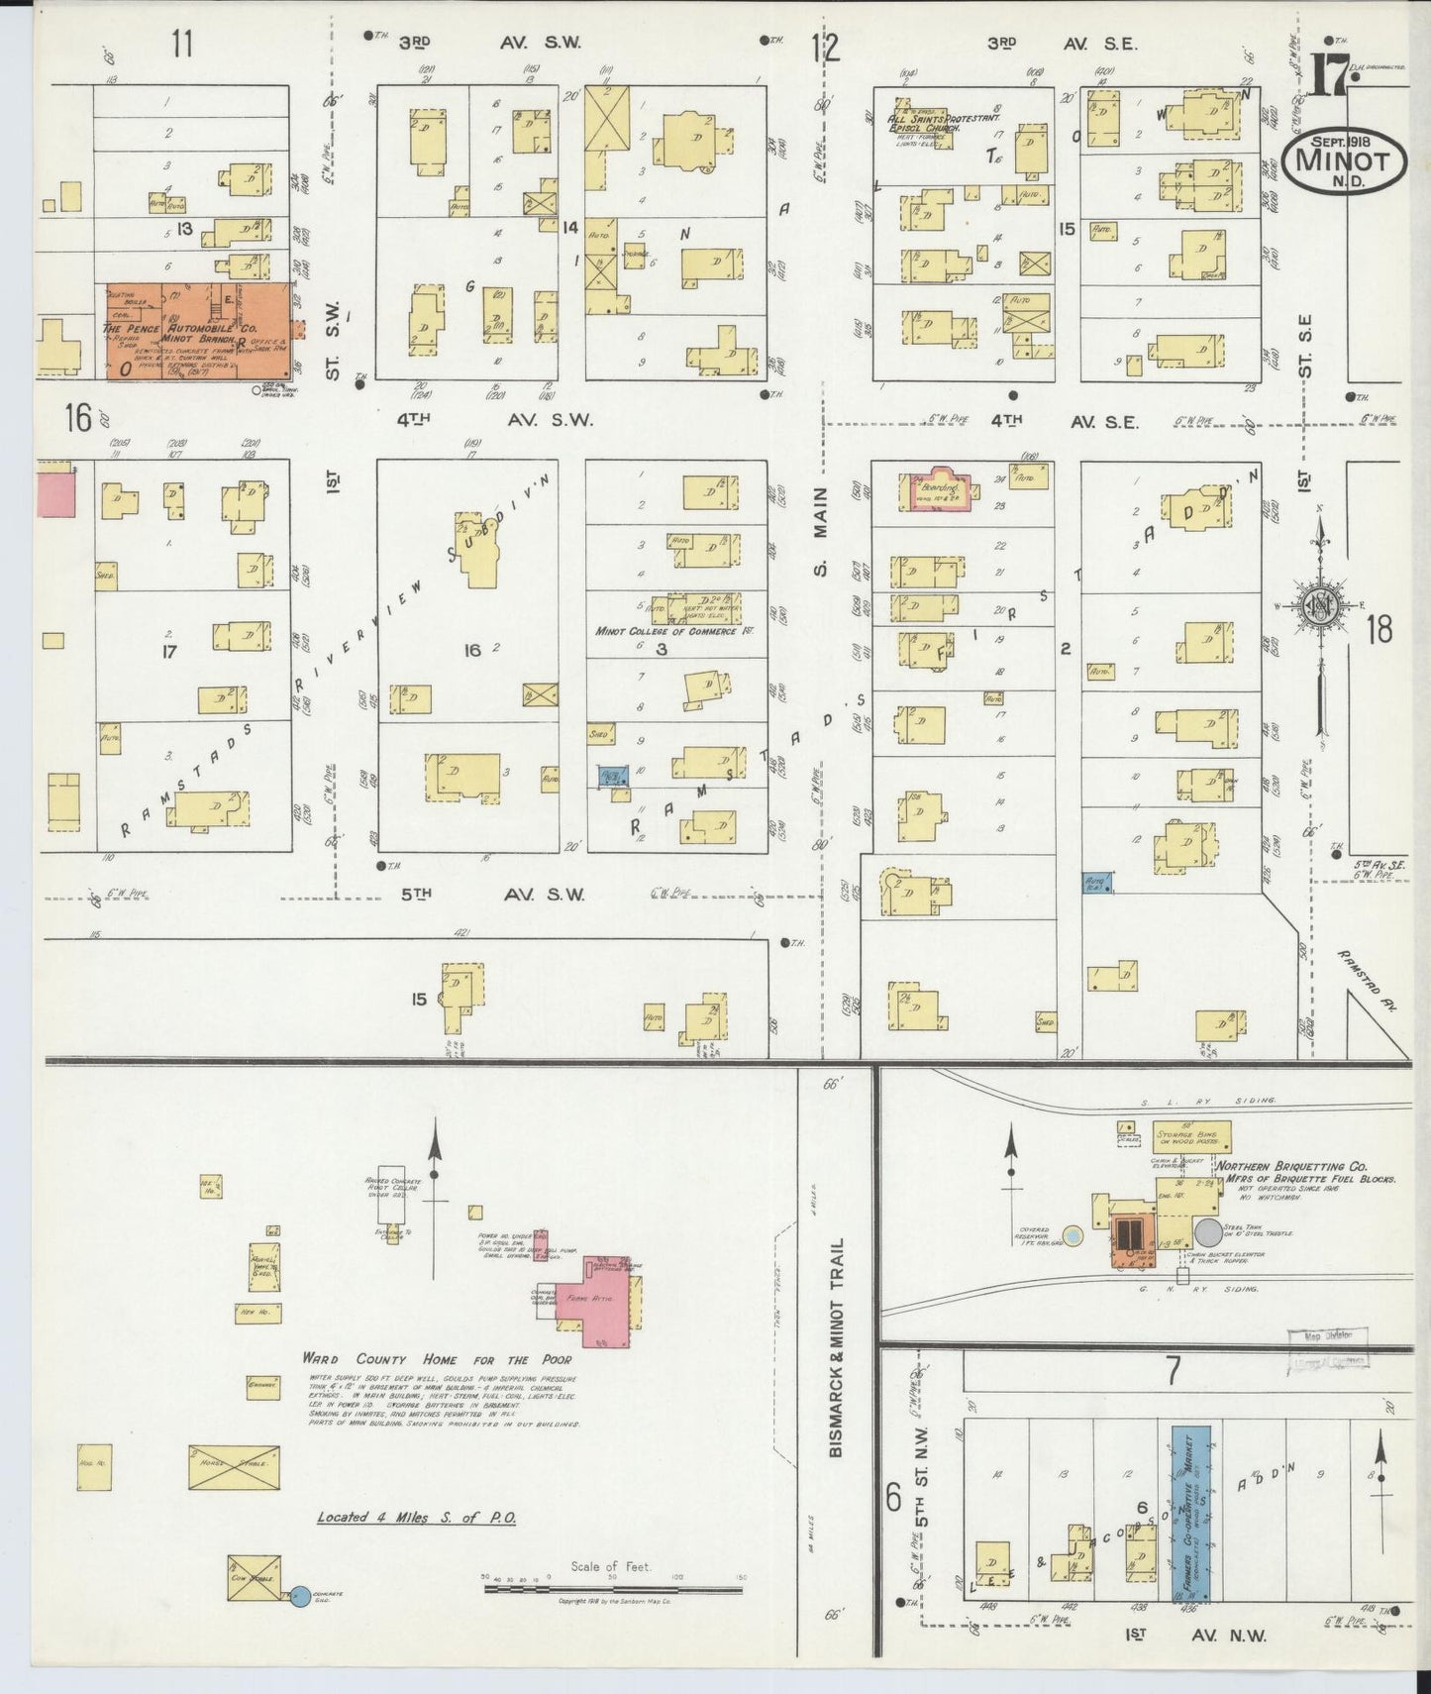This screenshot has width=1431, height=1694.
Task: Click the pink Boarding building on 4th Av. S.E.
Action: click(x=936, y=487)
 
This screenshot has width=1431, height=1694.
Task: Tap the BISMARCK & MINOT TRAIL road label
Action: click(x=838, y=1347)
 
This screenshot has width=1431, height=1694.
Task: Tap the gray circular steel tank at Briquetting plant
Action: click(x=1208, y=1233)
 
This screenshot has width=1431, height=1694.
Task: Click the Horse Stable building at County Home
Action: click(x=234, y=1467)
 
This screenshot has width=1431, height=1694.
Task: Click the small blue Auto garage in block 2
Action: click(x=1097, y=881)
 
